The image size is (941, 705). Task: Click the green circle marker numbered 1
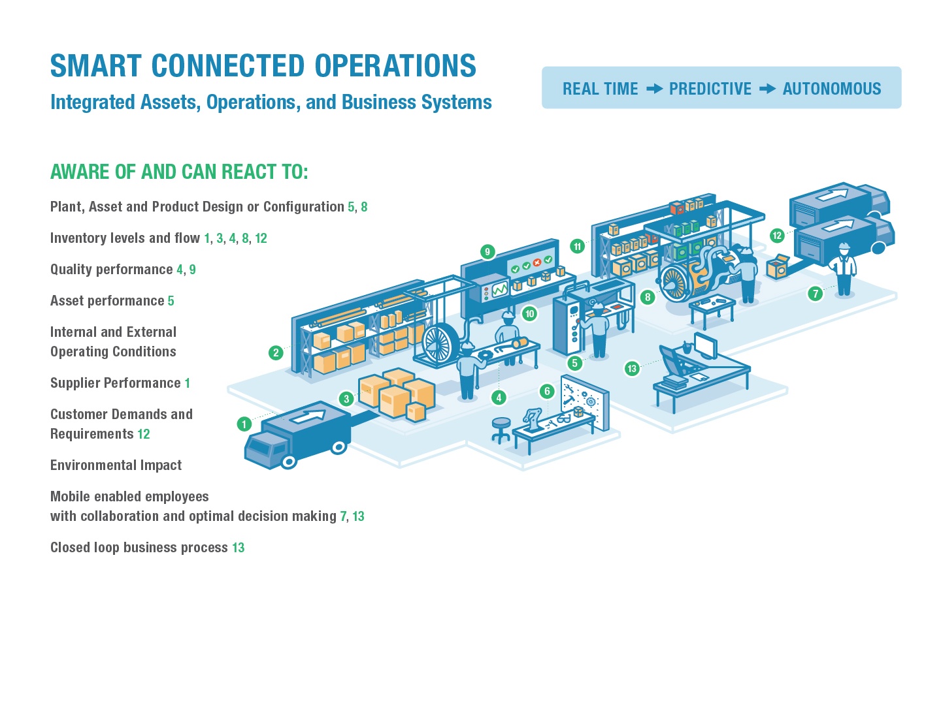pyautogui.click(x=244, y=424)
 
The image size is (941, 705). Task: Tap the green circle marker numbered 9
pyautogui.click(x=487, y=252)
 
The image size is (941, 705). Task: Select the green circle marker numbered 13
pyautogui.click(x=631, y=369)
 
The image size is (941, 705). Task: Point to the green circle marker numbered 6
pyautogui.click(x=547, y=392)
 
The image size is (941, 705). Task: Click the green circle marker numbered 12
pyautogui.click(x=776, y=236)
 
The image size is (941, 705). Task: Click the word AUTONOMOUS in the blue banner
pyautogui.click(x=831, y=89)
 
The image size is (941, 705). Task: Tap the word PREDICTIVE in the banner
pyautogui.click(x=710, y=89)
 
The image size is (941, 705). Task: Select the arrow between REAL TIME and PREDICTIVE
pyautogui.click(x=654, y=89)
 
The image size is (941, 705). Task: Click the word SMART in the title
pyautogui.click(x=95, y=66)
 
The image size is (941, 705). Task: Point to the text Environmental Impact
pyautogui.click(x=116, y=465)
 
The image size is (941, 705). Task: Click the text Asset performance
pyautogui.click(x=107, y=300)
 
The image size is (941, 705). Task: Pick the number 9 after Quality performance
pyautogui.click(x=192, y=269)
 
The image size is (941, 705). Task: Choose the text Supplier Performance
pyautogui.click(x=115, y=383)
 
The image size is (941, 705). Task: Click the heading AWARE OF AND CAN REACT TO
pyautogui.click(x=179, y=172)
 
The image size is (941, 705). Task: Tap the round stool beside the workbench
pyautogui.click(x=501, y=426)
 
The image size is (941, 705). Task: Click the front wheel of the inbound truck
pyautogui.click(x=289, y=462)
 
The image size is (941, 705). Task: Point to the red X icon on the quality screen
pyautogui.click(x=537, y=262)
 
